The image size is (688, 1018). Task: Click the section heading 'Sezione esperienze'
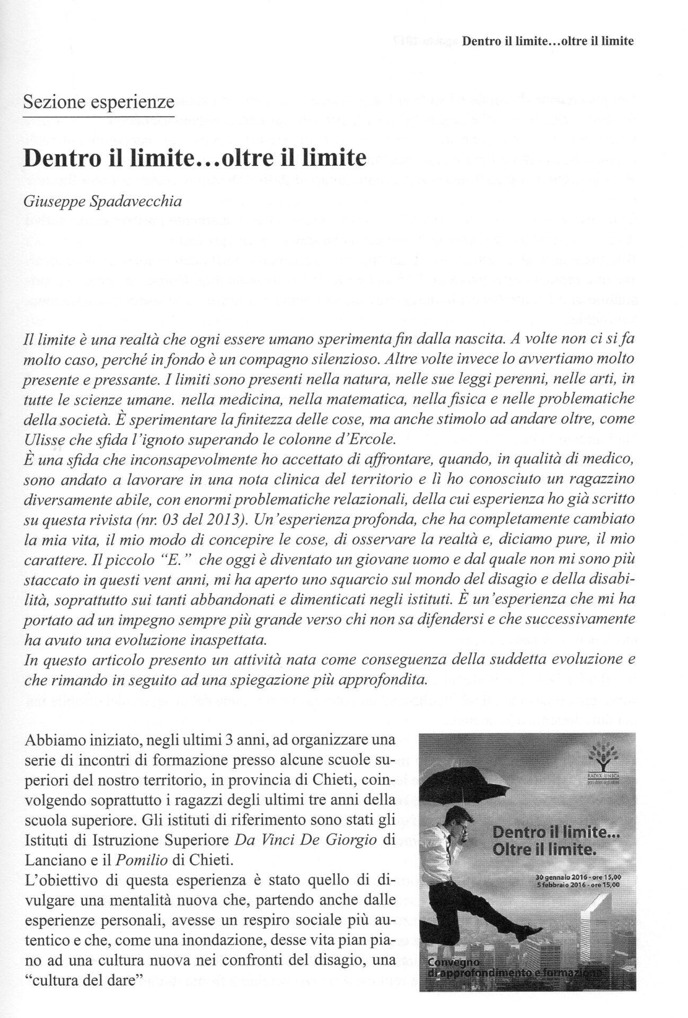[x=99, y=101]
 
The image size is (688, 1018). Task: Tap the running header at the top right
[x=548, y=41]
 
